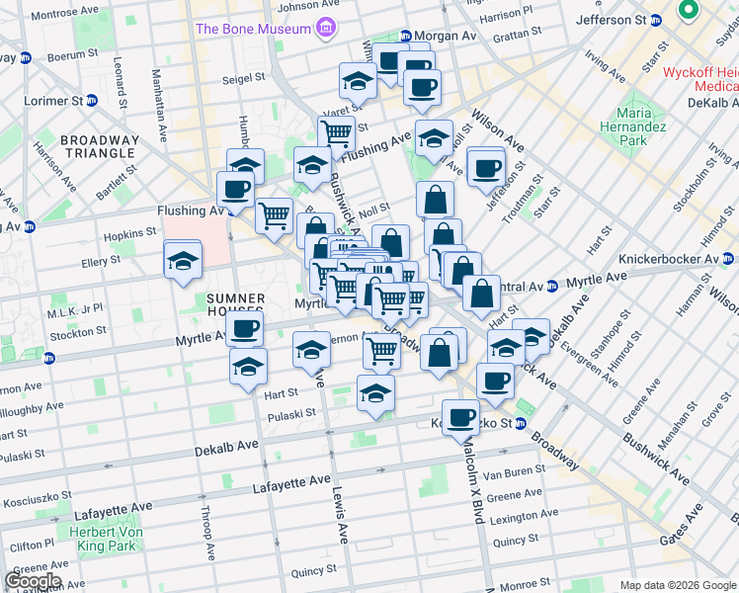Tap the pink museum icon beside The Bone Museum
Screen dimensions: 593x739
point(324,29)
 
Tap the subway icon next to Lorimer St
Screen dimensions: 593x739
point(92,101)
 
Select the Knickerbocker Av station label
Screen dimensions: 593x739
point(669,259)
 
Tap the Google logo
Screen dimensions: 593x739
point(34,581)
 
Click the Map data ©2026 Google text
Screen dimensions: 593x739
point(677,585)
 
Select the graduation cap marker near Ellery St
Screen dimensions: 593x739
point(183,262)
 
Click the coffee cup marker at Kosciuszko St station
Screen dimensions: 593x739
point(460,417)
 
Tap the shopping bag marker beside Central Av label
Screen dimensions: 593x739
point(480,296)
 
